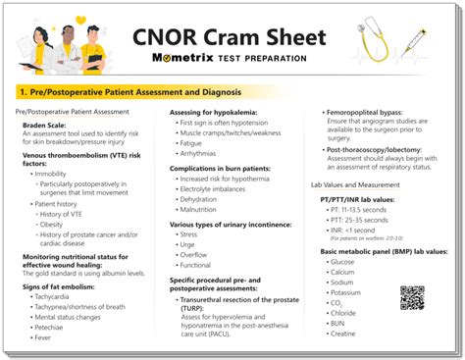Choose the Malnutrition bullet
(200, 209)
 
